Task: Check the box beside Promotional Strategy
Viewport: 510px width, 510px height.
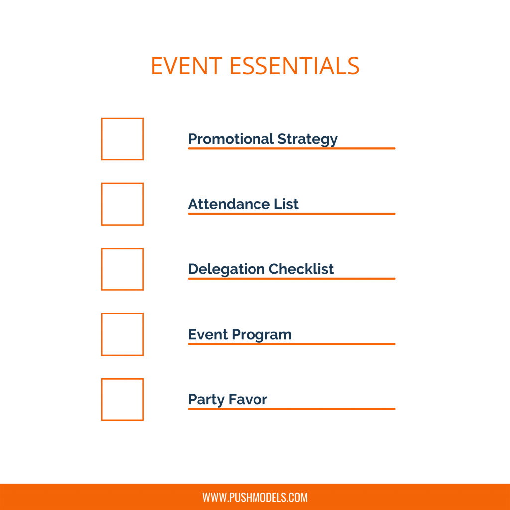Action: [123, 139]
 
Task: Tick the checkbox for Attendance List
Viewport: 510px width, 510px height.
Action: [123, 204]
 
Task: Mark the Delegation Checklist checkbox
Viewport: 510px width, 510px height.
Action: [123, 269]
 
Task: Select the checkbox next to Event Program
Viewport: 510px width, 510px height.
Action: [123, 335]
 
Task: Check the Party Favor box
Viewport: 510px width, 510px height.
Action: [123, 399]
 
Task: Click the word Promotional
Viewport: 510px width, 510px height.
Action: [231, 139]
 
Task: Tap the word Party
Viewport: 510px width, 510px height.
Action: [206, 400]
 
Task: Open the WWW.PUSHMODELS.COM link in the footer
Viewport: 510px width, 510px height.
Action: [255, 497]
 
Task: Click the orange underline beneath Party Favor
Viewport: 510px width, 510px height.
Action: [291, 409]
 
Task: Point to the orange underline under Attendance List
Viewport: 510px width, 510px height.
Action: [291, 214]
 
